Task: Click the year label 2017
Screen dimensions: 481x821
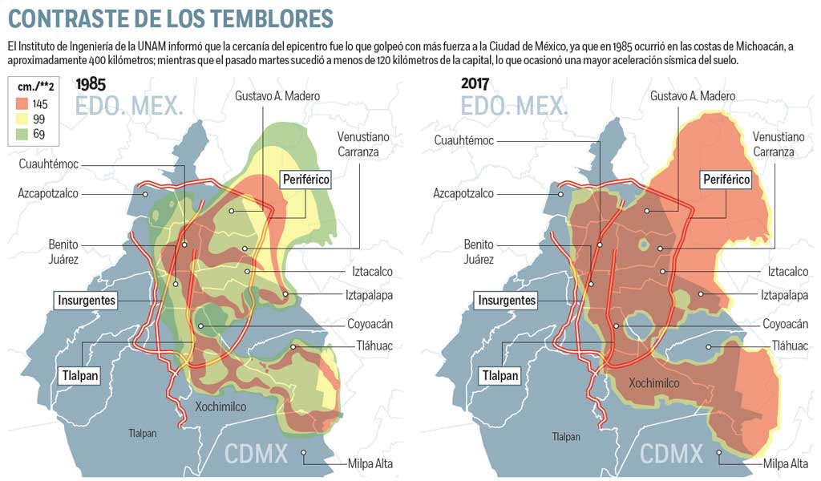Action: point(476,84)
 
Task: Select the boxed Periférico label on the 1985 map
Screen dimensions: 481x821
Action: point(305,180)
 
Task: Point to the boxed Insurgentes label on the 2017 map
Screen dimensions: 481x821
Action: point(507,301)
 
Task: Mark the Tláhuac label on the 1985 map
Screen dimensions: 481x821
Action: point(370,346)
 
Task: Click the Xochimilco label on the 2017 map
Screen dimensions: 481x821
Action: point(654,383)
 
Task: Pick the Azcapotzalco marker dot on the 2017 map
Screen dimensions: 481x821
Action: point(561,193)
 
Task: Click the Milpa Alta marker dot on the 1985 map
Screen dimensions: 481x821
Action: point(304,454)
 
